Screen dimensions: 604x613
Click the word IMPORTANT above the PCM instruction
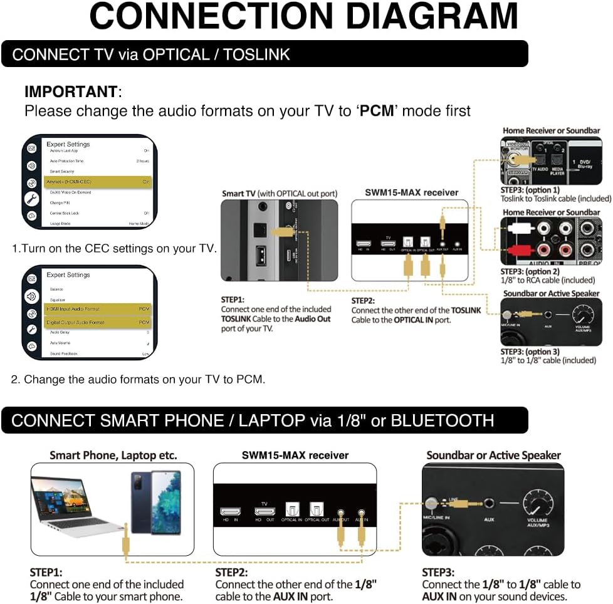pos(71,91)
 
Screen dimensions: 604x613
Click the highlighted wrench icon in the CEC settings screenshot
pos(31,199)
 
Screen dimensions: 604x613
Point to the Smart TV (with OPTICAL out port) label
pos(280,194)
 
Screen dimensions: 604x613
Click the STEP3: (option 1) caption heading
pos(530,190)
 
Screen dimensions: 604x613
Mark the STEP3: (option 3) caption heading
pos(530,351)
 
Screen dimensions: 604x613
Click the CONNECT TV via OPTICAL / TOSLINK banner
pos(151,55)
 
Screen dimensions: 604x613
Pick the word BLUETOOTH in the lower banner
pos(442,420)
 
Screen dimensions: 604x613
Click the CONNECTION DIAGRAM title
pos(304,17)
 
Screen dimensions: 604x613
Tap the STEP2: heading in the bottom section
pos(231,572)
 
